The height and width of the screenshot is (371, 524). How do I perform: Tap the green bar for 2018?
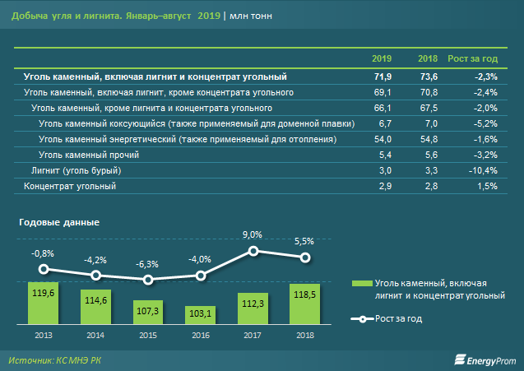pyautogui.click(x=304, y=304)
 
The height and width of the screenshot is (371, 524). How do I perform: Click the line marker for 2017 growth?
pyautogui.click(x=253, y=251)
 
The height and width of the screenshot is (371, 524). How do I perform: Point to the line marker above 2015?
pyautogui.click(x=147, y=280)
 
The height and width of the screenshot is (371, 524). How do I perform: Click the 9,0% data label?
pyautogui.click(x=253, y=234)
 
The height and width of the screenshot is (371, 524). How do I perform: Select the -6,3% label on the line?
pyautogui.click(x=147, y=263)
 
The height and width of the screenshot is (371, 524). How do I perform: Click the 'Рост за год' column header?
pyautogui.click(x=472, y=60)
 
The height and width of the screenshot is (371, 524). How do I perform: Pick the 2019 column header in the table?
pyautogui.click(x=381, y=60)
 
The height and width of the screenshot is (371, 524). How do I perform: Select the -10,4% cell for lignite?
pyautogui.click(x=482, y=170)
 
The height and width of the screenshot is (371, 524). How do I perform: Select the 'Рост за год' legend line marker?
pyautogui.click(x=357, y=319)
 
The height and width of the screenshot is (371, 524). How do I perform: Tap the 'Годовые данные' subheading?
pyautogui.click(x=58, y=222)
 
